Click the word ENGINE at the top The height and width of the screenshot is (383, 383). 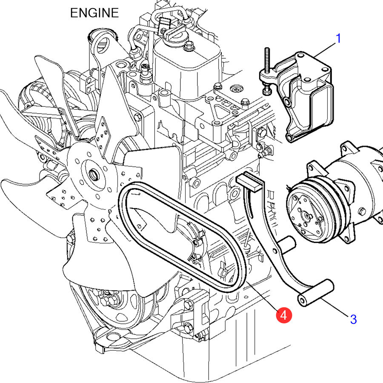(x=94, y=13)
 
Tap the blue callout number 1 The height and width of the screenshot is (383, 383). (x=338, y=39)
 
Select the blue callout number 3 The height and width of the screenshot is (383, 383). (x=353, y=319)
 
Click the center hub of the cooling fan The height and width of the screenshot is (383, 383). (x=92, y=174)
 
